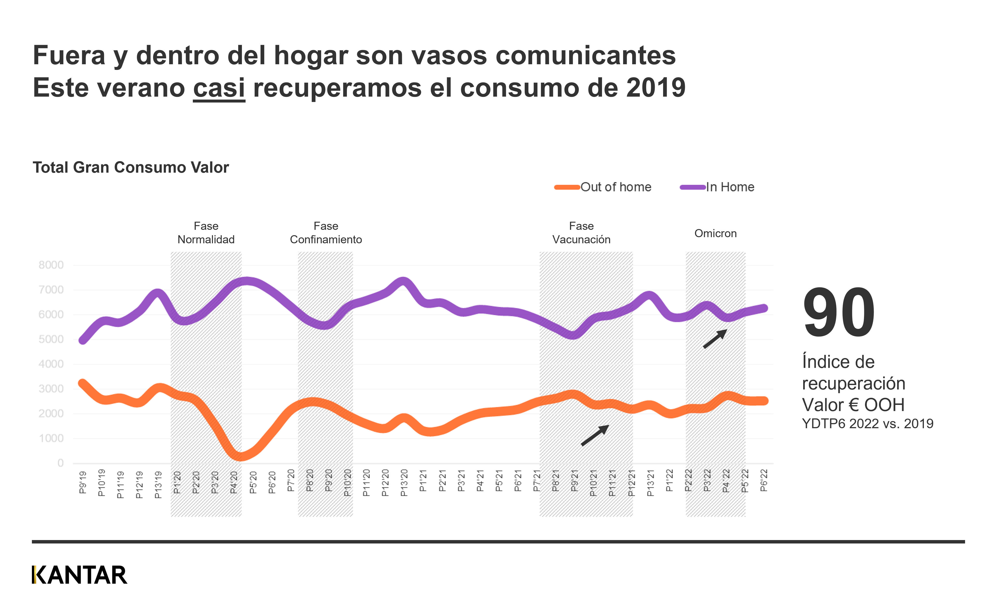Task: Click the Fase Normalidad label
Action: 206,233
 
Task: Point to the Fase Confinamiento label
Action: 326,233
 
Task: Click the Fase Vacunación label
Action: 581,233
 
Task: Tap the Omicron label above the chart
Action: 715,233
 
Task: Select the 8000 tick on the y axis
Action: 51,265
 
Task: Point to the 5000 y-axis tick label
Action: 51,339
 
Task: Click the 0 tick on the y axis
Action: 60,463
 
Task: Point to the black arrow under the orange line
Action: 595,435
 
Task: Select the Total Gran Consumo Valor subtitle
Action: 131,167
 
